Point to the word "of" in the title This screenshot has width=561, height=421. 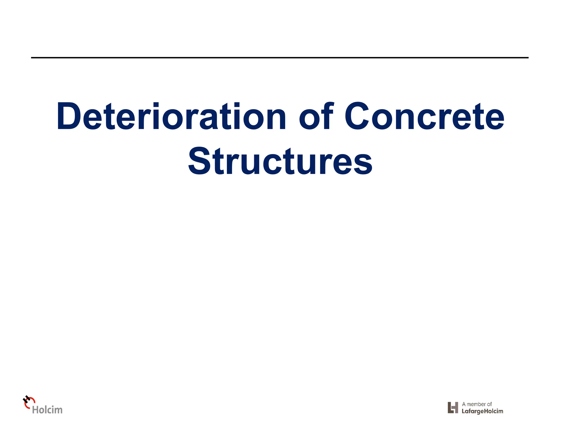(316, 116)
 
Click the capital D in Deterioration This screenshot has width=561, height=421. (68, 116)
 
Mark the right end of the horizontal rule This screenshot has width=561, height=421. (528, 58)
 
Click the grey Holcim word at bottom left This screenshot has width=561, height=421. (47, 410)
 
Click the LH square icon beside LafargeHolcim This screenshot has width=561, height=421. (453, 408)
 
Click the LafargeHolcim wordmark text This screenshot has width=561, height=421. (482, 411)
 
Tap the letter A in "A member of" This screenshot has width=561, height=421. (464, 404)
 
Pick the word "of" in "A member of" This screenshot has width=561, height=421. (489, 404)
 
